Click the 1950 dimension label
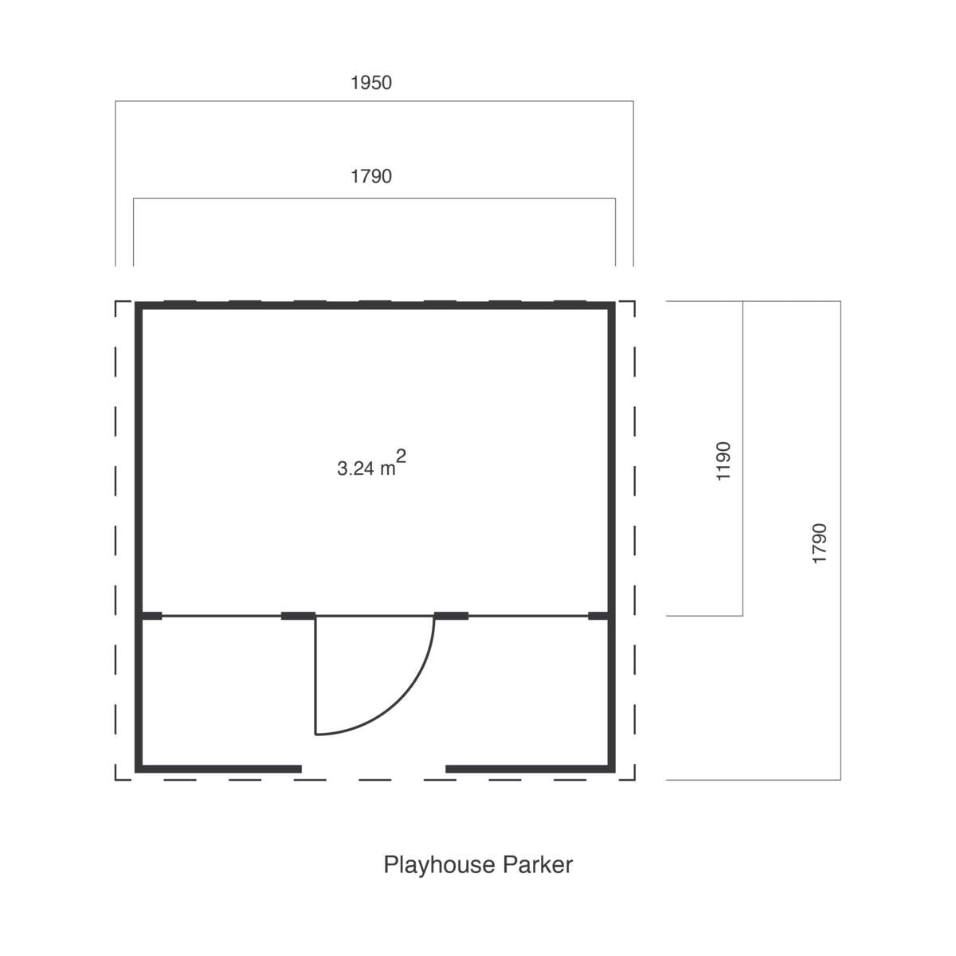[371, 83]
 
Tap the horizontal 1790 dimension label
[371, 177]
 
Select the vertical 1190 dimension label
[723, 461]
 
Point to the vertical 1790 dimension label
[820, 543]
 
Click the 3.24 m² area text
[371, 463]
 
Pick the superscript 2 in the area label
[402, 456]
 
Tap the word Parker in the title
[538, 864]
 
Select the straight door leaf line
[315, 676]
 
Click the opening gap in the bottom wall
[374, 769]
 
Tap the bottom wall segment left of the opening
[219, 769]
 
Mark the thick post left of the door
[298, 616]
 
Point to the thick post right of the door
[452, 616]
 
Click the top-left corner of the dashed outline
[116, 301]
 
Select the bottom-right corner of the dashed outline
[634, 780]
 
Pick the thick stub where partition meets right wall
[598, 616]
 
